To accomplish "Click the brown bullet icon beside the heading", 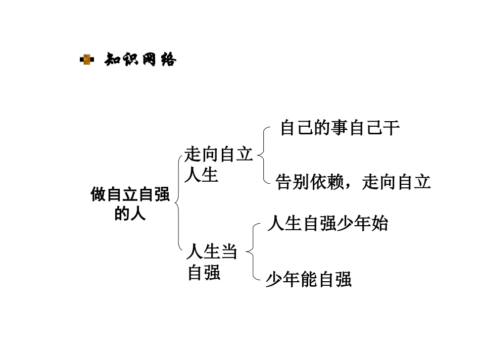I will (87, 61).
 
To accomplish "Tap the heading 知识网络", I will (140, 61).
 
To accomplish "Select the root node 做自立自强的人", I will (130, 204).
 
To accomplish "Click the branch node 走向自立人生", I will (218, 165).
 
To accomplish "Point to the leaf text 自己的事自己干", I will (340, 128).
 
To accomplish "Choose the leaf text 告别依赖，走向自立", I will (353, 182).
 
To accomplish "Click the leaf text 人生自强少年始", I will (327, 223).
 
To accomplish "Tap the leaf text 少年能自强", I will (309, 279).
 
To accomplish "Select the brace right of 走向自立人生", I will (261, 155).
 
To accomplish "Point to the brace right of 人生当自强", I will (251, 251).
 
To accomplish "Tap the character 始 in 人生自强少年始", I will (379, 223).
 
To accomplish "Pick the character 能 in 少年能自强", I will (309, 279).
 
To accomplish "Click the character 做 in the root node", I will (98, 195).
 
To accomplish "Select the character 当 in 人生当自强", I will (229, 251).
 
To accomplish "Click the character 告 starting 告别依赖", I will (284, 182).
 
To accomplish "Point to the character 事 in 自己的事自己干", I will (340, 128).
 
